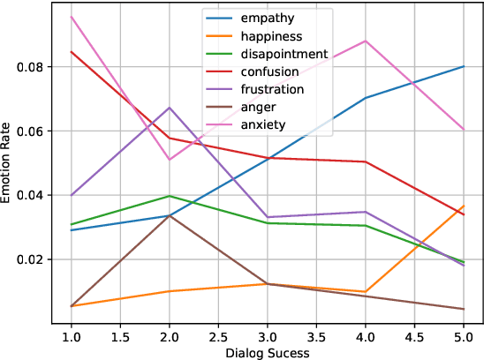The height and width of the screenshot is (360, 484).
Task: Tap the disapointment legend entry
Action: (284, 55)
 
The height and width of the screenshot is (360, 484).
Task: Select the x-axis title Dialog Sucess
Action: (266, 351)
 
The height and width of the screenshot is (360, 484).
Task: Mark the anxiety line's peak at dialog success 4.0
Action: (365, 41)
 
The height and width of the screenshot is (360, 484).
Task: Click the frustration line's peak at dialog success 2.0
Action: (170, 108)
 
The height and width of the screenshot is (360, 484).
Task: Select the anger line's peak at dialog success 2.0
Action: (170, 214)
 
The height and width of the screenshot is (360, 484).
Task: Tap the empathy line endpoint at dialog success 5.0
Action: (462, 66)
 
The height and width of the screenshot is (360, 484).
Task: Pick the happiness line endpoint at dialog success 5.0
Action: (462, 206)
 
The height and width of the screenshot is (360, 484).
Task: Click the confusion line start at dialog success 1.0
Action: (72, 51)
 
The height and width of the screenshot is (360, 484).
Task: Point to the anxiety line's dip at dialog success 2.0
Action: (170, 160)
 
